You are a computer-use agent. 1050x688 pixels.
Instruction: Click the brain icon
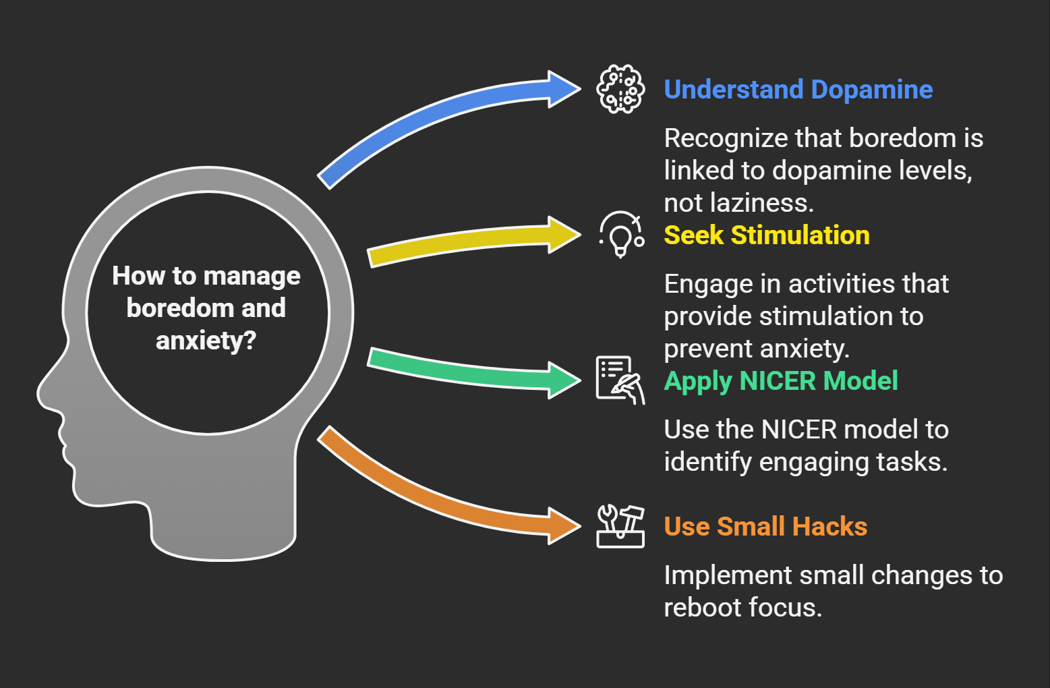620,89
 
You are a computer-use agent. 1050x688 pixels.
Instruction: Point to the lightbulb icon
621,235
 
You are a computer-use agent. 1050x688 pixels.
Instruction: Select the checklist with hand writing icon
620,380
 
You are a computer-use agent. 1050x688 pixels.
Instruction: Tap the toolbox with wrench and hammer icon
620,526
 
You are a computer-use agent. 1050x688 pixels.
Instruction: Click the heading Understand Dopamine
798,90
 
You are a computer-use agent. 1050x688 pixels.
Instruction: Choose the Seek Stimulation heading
766,235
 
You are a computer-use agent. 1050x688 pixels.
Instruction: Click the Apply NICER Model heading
780,381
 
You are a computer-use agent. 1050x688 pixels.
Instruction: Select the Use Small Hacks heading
765,527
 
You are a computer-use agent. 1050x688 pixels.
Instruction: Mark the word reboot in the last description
702,608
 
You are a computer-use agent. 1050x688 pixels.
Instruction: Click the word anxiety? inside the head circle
206,341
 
